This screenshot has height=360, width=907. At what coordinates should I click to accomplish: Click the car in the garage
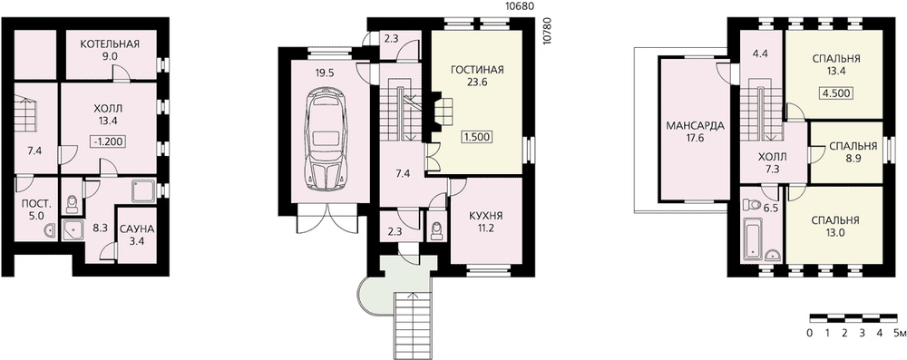pyautogui.click(x=327, y=140)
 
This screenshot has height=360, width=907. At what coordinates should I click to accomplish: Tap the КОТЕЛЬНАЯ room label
pyautogui.click(x=110, y=44)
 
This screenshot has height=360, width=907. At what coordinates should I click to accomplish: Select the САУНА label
pyautogui.click(x=137, y=229)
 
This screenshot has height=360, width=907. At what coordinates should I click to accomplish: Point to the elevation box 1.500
pyautogui.click(x=477, y=137)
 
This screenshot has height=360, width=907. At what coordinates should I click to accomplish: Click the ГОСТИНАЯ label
pyautogui.click(x=477, y=70)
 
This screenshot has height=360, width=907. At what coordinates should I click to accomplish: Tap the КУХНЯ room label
pyautogui.click(x=486, y=216)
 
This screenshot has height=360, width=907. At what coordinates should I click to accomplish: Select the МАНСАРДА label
pyautogui.click(x=695, y=126)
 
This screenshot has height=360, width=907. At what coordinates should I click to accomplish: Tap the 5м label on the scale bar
pyautogui.click(x=899, y=333)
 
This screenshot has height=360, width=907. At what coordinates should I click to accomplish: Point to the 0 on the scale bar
pyautogui.click(x=810, y=333)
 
